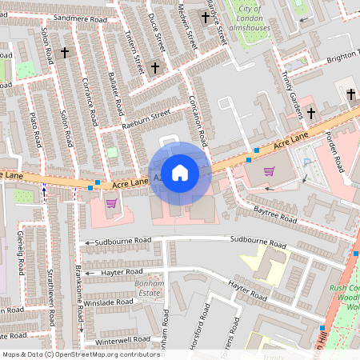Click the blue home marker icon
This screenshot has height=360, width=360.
coord(180,172)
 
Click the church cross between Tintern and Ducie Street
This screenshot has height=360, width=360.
coord(155,68)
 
